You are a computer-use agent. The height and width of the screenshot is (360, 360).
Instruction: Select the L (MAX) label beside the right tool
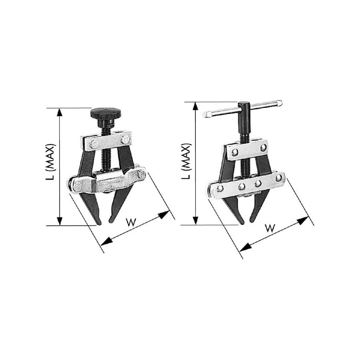coord(186,161)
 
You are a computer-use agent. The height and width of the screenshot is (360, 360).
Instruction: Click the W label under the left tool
coord(131,222)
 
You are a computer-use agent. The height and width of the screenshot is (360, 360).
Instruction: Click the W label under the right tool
coord(270,228)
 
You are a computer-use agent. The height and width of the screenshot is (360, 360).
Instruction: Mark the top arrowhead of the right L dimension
coord(195,107)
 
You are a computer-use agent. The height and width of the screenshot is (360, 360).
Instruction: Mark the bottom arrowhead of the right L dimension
coord(195,220)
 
